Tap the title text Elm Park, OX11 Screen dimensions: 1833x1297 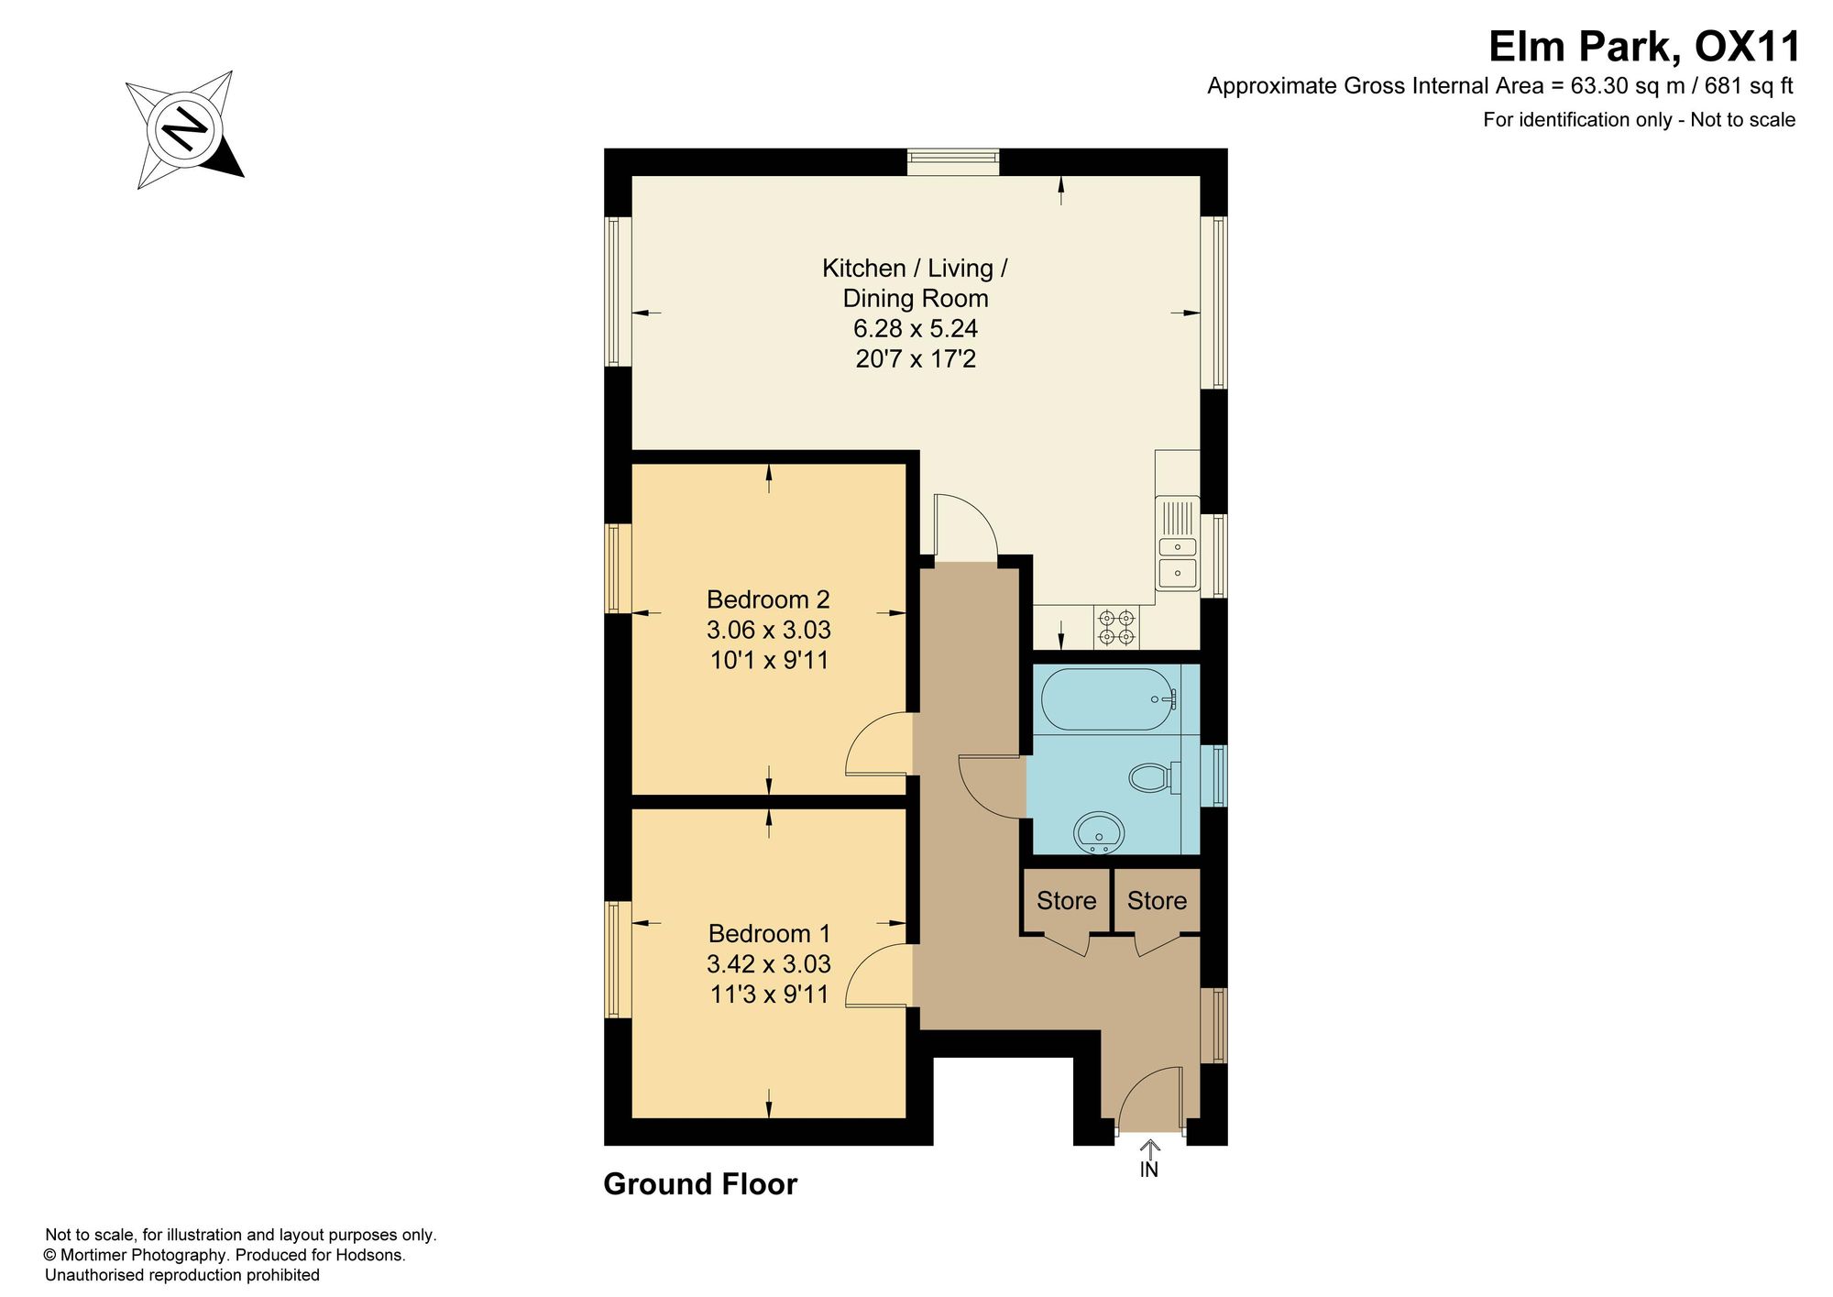tap(1643, 47)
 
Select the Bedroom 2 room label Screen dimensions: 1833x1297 tap(768, 599)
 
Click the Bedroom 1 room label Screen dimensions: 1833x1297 tap(769, 933)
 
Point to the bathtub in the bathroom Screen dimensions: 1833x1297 tap(1110, 698)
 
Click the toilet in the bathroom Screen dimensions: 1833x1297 tap(1154, 778)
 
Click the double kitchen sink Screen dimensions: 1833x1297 tap(1178, 543)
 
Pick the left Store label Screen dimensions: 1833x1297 tap(1066, 901)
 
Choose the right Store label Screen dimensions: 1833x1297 tap(1157, 901)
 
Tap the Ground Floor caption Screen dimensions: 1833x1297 tap(700, 1184)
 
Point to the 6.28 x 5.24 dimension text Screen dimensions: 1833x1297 tap(916, 328)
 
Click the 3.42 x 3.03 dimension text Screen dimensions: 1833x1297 tap(769, 963)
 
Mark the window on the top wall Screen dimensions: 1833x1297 tap(953, 162)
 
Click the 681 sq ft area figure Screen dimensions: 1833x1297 tap(1749, 86)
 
